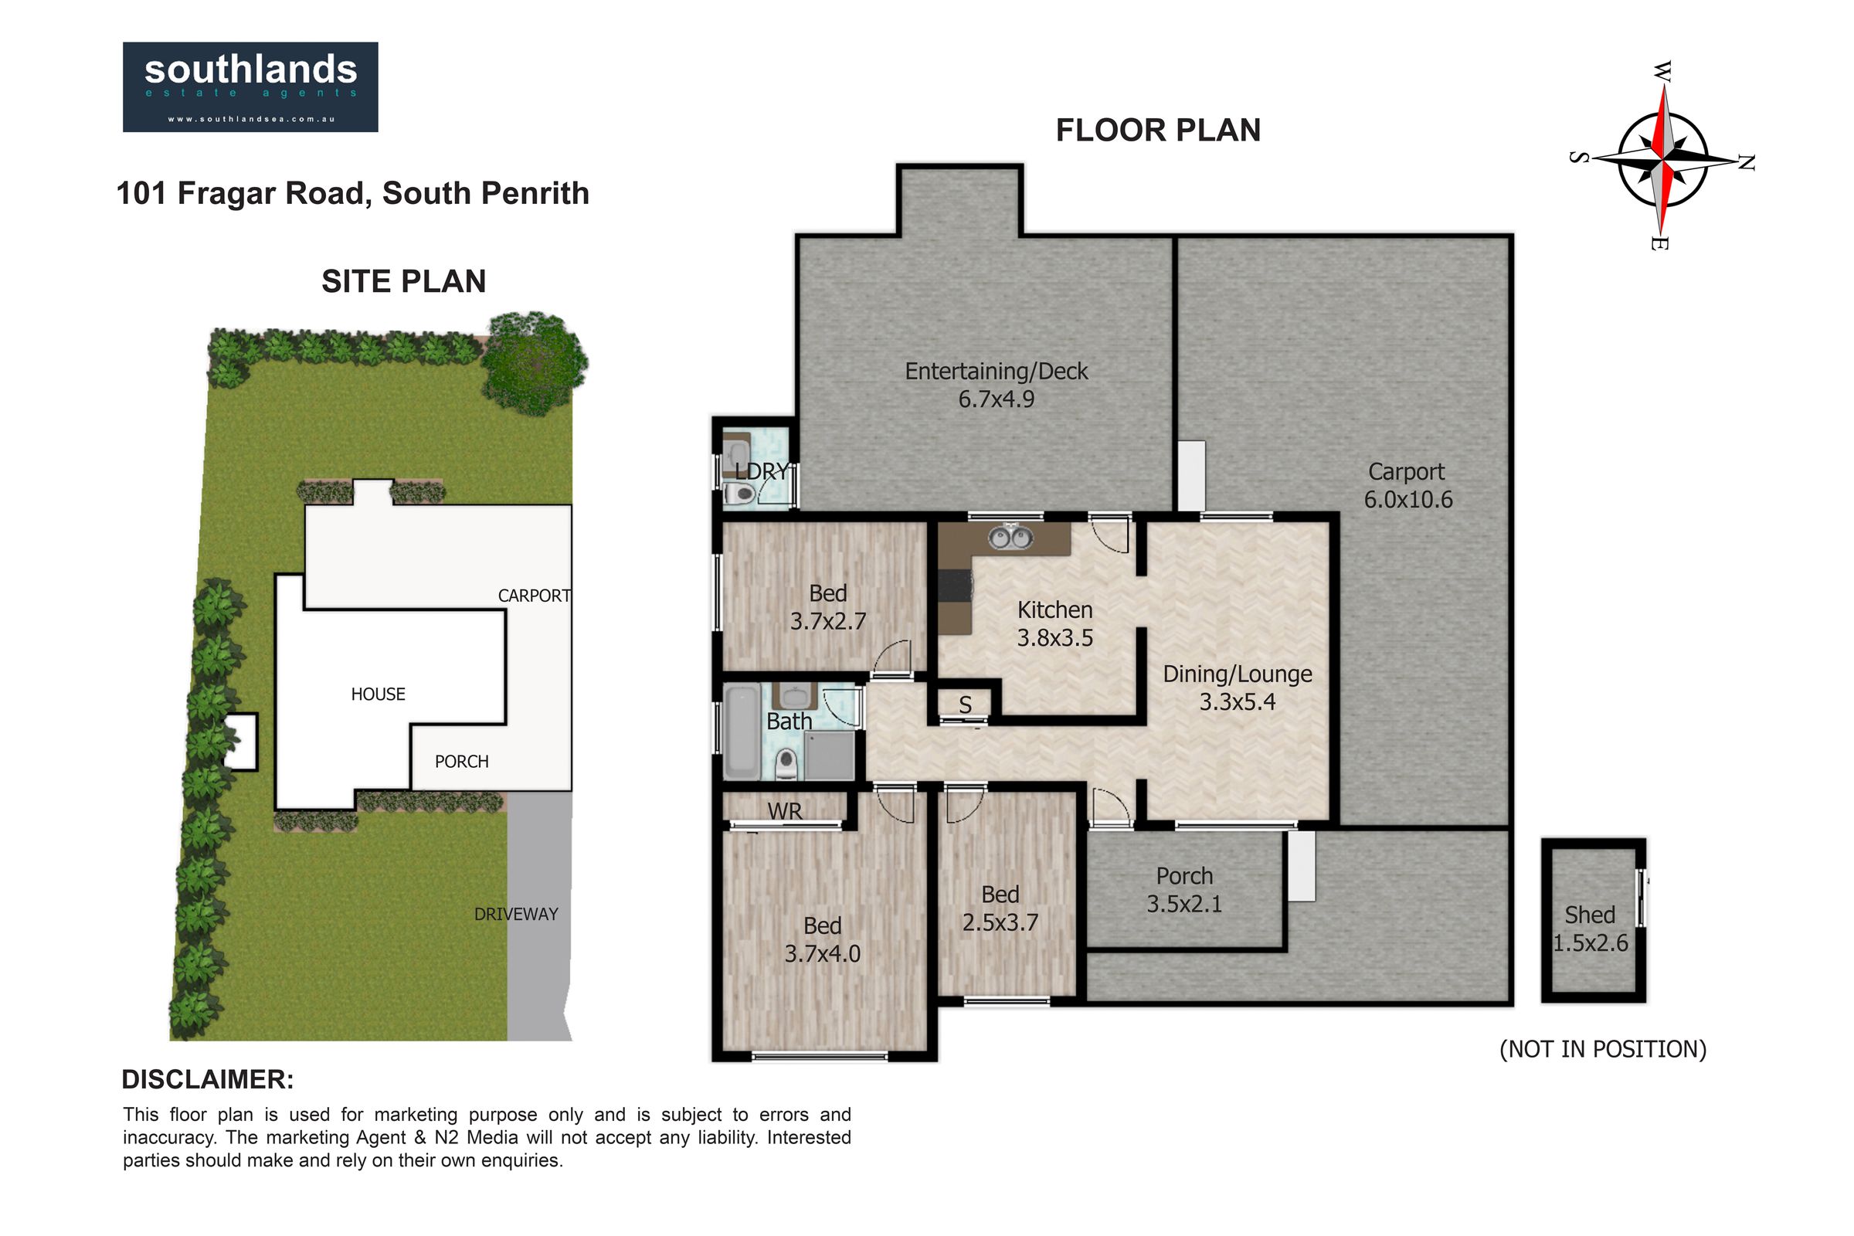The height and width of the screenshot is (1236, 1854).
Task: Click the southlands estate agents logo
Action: pos(250,87)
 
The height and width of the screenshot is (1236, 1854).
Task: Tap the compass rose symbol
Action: pos(1662,157)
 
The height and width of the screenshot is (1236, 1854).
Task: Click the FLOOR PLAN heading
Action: pos(1158,130)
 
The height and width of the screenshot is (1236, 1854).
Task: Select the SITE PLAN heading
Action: pos(403,281)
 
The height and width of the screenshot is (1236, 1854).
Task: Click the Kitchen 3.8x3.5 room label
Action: pos(1054,623)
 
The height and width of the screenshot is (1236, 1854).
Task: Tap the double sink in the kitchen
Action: pos(1011,538)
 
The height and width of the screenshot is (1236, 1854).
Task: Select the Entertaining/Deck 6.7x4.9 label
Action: pos(997,385)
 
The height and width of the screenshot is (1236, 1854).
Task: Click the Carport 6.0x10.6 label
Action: pos(1407,486)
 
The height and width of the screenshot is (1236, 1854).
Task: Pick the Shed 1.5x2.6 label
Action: pos(1590,929)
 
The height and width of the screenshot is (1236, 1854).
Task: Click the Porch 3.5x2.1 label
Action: pos(1184,889)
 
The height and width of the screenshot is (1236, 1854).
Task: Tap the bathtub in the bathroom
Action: pos(742,732)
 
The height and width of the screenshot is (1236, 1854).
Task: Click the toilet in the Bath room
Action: pos(786,763)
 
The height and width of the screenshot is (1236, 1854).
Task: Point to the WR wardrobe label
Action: pos(784,811)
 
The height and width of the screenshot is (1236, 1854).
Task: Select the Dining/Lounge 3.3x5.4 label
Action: pos(1238,688)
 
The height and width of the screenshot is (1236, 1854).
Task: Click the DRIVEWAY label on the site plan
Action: pos(515,915)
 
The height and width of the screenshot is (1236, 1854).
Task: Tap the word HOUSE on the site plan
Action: pos(379,694)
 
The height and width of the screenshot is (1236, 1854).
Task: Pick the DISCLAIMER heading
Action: pos(207,1080)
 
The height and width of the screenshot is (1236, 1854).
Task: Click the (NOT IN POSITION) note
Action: pos(1602,1049)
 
